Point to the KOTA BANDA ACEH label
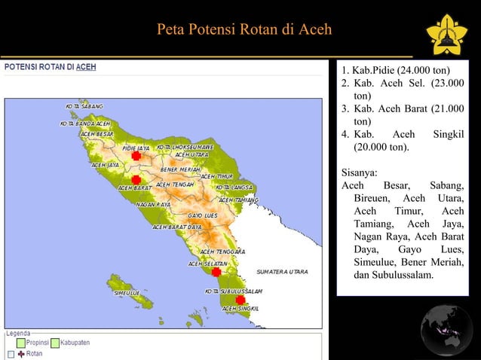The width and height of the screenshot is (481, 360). point(85,123)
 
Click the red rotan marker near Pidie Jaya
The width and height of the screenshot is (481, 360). point(136,156)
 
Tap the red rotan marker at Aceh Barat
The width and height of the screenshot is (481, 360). point(136,180)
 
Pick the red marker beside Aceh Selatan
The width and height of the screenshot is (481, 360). point(216,272)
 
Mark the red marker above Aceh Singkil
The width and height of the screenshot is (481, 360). point(240,299)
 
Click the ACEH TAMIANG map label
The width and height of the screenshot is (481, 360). point(239,200)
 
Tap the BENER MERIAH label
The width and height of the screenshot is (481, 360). point(180,169)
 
